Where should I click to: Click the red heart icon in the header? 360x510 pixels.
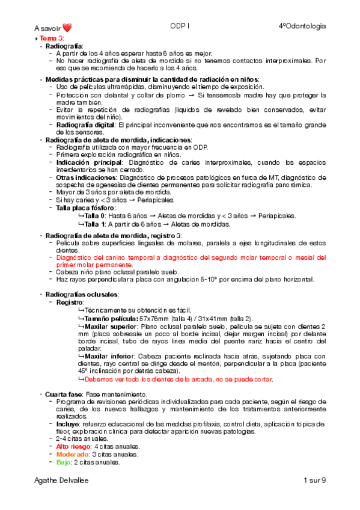[x=67, y=27]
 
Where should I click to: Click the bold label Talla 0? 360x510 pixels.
[x=95, y=215]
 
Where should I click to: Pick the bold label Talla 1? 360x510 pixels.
[x=95, y=224]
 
